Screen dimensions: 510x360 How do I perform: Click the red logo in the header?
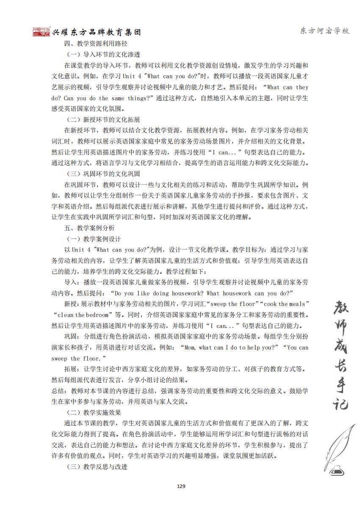coord(42,32)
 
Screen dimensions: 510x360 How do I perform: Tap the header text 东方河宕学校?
coord(324,31)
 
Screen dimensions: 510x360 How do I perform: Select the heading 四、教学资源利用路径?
coord(96,44)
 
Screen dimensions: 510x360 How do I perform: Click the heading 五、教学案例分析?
coord(89,228)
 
